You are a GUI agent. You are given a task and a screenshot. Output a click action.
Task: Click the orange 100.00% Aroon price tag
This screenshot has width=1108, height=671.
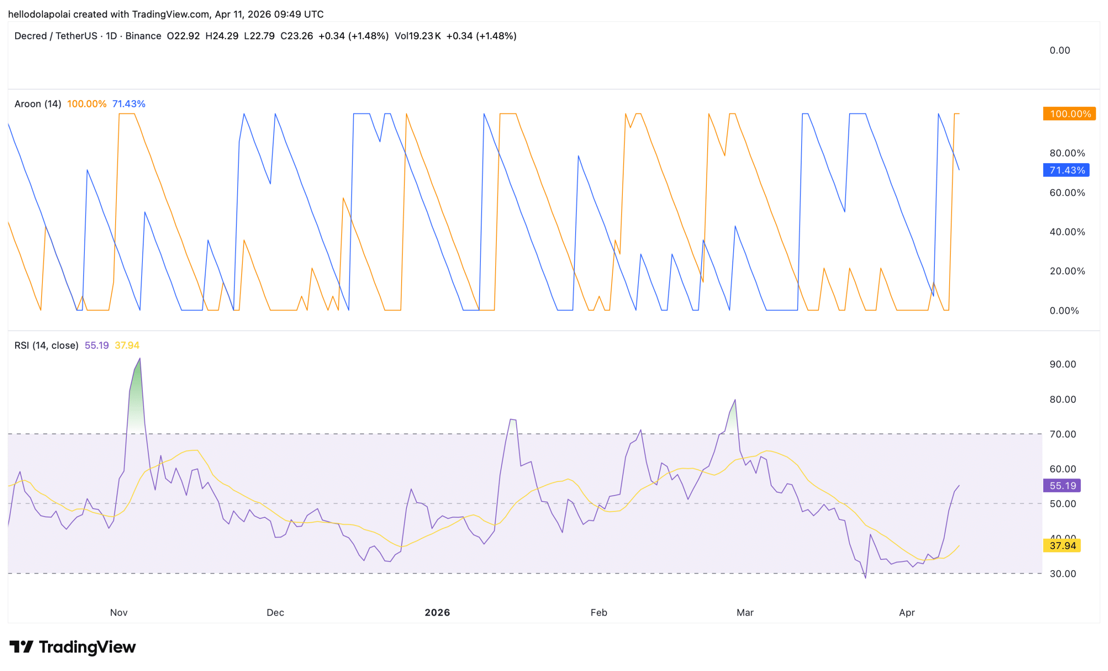click(1069, 114)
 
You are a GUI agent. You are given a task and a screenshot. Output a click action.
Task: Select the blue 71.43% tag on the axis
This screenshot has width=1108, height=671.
click(1066, 170)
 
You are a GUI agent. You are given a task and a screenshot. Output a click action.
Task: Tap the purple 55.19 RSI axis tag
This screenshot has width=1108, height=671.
click(1062, 486)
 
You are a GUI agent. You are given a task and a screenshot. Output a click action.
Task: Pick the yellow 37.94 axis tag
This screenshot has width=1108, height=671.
click(1062, 546)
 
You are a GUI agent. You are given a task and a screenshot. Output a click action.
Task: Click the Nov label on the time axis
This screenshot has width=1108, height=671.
click(119, 613)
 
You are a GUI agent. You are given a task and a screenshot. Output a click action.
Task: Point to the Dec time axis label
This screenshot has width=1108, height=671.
click(275, 613)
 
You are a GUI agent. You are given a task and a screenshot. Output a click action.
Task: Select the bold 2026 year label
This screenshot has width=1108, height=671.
click(437, 613)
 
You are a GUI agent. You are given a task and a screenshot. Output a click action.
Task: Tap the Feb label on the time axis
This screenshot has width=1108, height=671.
click(599, 613)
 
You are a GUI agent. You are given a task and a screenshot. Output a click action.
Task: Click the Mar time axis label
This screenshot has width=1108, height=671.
click(745, 613)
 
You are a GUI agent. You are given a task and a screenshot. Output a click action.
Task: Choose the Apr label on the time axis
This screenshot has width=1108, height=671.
click(907, 613)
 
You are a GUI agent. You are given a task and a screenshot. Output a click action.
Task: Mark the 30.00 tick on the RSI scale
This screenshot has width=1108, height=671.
click(1063, 574)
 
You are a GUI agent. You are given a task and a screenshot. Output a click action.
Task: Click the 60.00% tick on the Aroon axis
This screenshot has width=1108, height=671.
click(1067, 193)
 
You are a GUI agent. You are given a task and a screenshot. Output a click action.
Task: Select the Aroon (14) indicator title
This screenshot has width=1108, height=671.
click(38, 104)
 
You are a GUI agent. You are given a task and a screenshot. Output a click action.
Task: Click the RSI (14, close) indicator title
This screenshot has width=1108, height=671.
click(46, 345)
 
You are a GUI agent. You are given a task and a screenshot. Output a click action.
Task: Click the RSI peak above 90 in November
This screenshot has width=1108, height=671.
click(140, 359)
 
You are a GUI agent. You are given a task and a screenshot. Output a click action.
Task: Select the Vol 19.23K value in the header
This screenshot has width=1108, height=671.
click(417, 36)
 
